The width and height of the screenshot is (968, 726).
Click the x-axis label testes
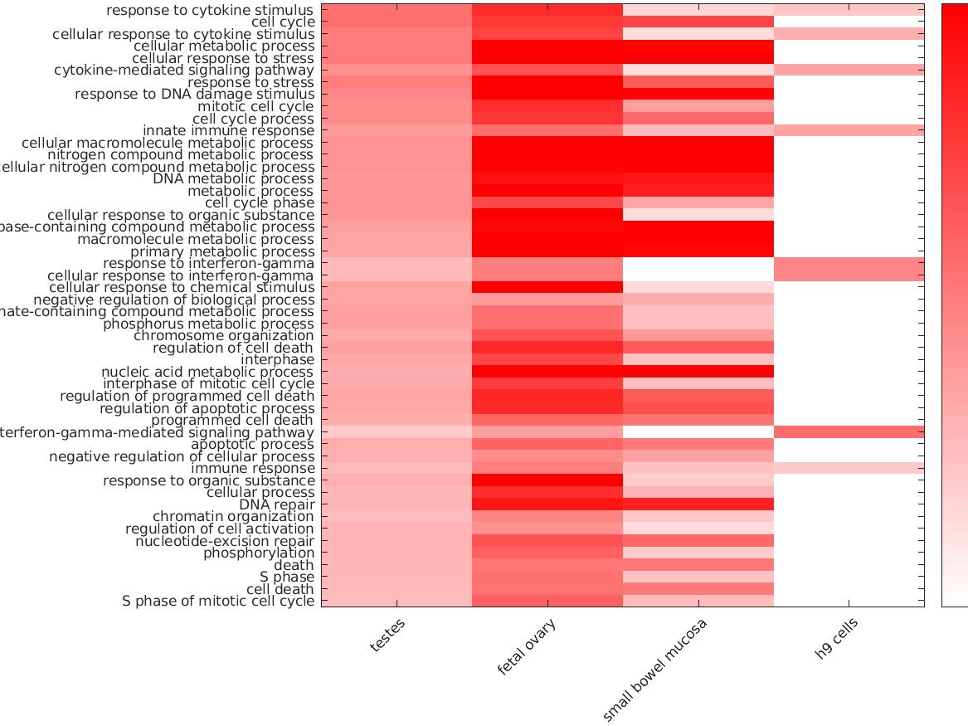tap(388, 636)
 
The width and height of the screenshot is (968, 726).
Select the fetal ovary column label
tap(527, 648)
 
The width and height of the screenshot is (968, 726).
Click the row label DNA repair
tap(276, 504)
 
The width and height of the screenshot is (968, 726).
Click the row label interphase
tap(277, 360)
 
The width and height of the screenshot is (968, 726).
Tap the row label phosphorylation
tap(259, 553)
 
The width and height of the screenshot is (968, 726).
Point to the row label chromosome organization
tap(224, 336)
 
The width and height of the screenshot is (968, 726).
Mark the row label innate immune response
tap(228, 131)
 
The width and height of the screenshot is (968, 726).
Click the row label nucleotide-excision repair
tap(225, 541)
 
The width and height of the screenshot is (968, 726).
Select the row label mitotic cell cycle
tap(255, 107)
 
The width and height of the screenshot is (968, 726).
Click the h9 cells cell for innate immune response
tap(849, 131)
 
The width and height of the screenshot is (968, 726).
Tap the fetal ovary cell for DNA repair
tap(547, 504)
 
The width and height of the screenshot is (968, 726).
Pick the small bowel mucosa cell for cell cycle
tap(698, 22)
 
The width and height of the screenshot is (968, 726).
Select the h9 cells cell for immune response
tap(849, 469)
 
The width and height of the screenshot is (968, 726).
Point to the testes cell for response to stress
tap(396, 83)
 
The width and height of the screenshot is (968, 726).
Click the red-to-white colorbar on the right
tap(954, 305)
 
